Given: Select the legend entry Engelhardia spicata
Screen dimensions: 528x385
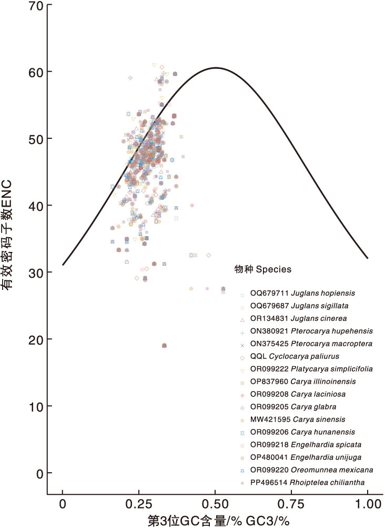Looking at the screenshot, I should coord(306,444).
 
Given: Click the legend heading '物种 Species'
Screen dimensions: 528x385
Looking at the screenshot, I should coord(263,269).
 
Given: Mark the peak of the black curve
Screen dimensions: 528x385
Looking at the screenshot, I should coord(215,67).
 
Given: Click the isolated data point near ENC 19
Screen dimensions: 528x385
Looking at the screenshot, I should coord(165,346).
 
